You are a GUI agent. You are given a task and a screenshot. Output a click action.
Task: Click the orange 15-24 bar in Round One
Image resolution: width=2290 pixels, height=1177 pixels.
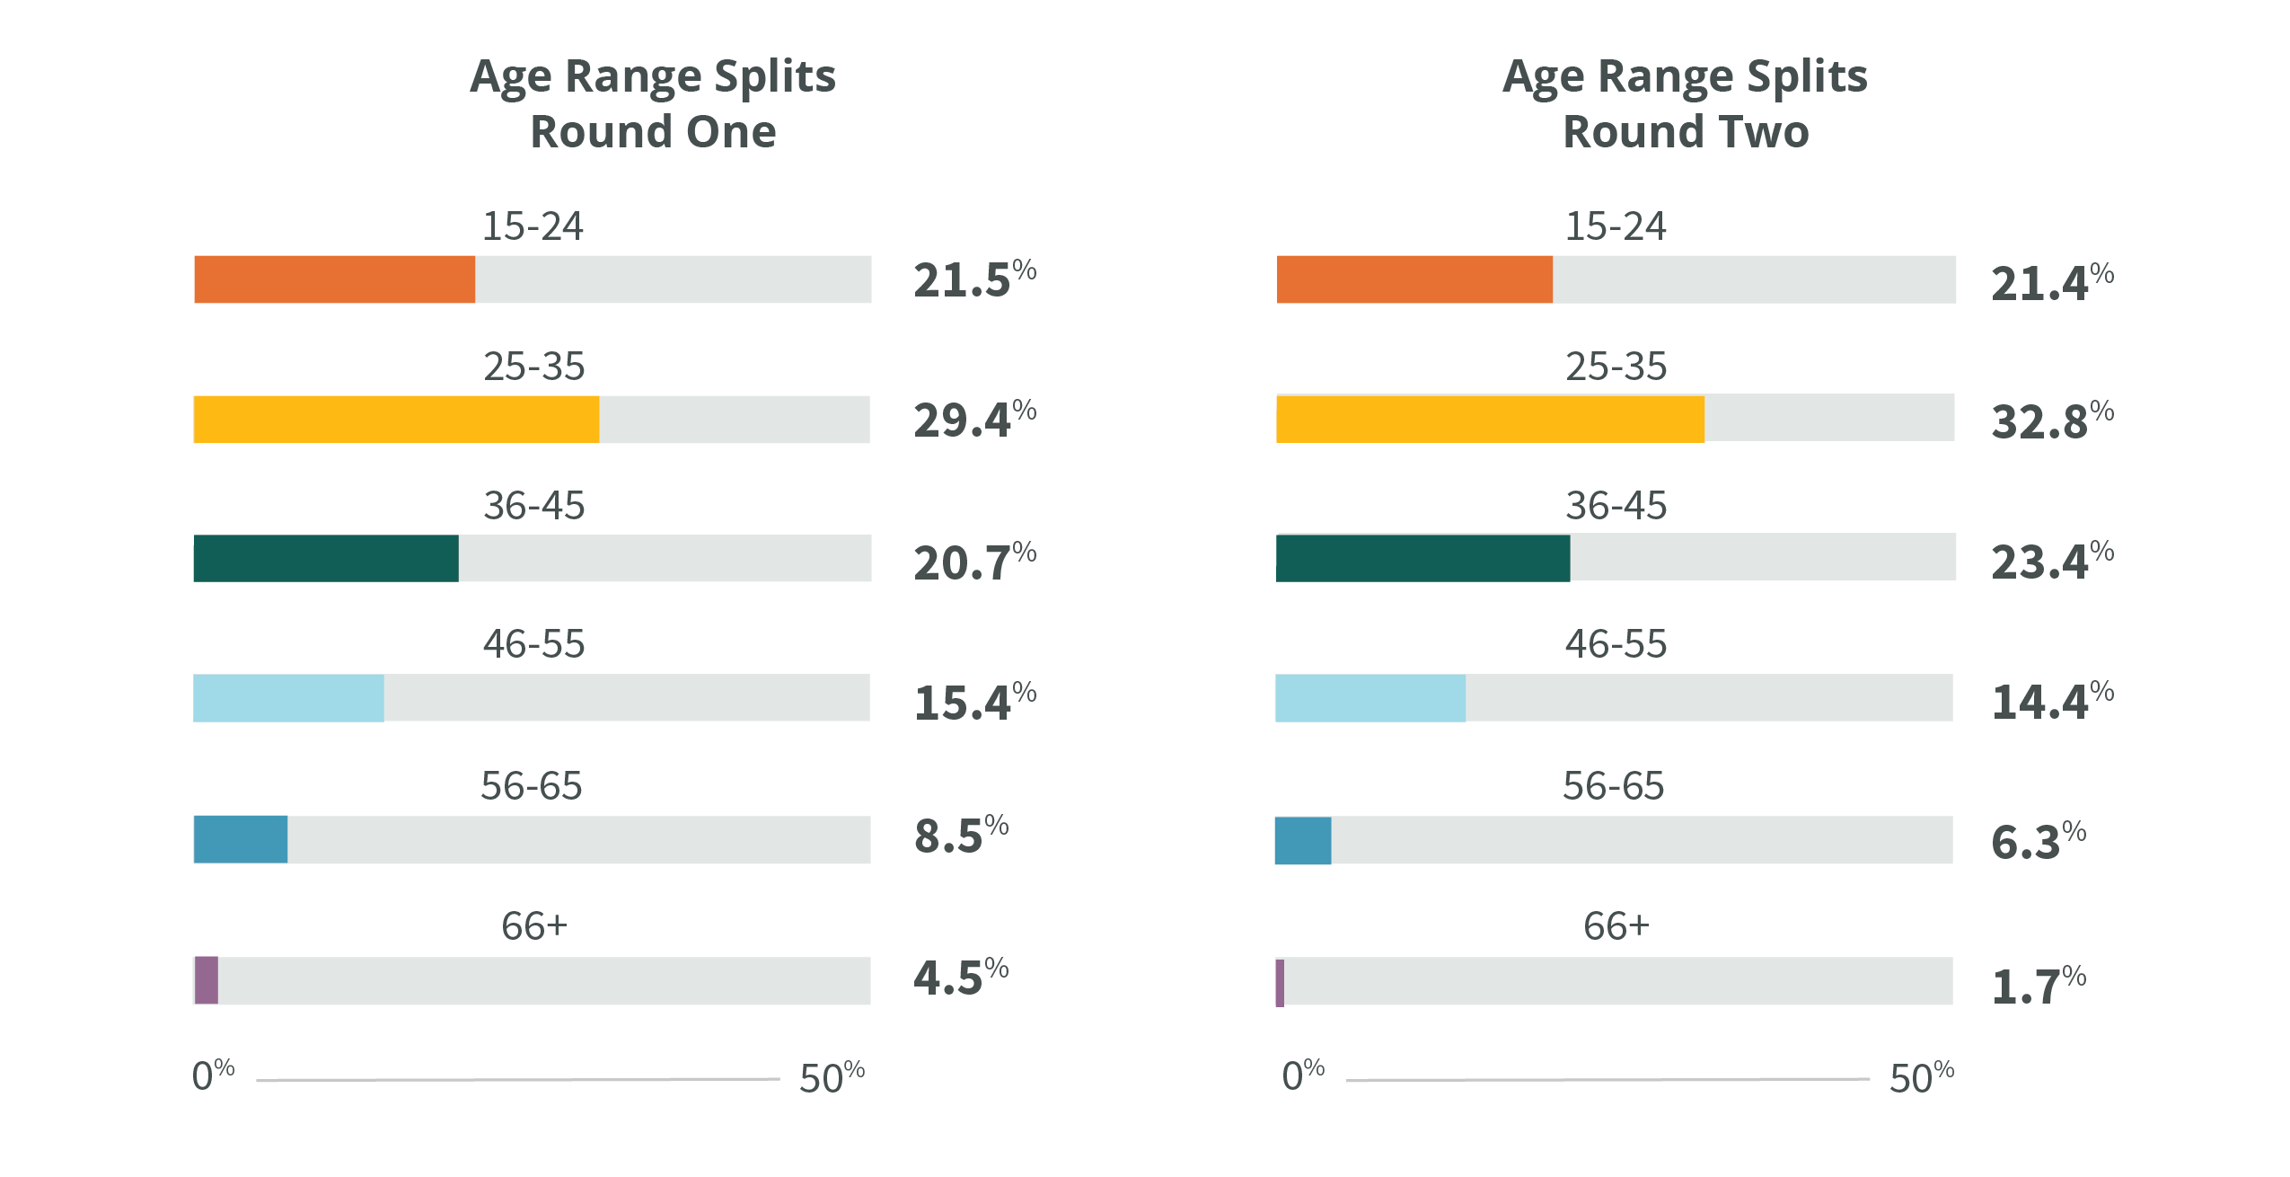click(x=334, y=279)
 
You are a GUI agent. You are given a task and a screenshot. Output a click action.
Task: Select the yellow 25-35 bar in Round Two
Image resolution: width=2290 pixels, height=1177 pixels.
click(x=1490, y=420)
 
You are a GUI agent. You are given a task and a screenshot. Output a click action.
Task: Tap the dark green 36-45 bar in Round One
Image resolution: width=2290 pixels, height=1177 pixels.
click(x=325, y=559)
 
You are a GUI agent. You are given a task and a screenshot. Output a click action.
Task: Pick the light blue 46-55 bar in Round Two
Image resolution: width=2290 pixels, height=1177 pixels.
click(x=1370, y=698)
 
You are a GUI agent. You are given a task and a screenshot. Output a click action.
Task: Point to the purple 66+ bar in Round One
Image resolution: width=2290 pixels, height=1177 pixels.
click(x=207, y=980)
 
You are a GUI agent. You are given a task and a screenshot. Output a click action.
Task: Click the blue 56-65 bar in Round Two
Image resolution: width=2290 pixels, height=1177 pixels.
click(x=1303, y=841)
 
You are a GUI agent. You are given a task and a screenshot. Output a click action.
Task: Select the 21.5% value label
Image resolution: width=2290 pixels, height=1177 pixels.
click(x=973, y=279)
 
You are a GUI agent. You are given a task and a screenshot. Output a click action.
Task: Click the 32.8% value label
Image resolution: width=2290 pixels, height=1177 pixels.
click(x=2051, y=420)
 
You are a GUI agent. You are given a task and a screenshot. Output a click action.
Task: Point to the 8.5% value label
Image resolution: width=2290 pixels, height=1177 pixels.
click(x=960, y=835)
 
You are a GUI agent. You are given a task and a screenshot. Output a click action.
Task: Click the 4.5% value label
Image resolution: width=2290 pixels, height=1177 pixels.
click(x=960, y=977)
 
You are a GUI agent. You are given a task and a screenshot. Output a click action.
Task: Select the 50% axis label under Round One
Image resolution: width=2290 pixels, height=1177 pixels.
click(x=831, y=1076)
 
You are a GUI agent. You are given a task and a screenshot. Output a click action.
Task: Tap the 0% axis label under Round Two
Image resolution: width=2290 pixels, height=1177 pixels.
click(x=1302, y=1075)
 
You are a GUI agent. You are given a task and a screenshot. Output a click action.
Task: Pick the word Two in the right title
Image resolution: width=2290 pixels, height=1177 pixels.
click(x=1763, y=131)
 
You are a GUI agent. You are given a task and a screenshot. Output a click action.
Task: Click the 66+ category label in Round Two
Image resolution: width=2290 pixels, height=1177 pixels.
click(x=1615, y=925)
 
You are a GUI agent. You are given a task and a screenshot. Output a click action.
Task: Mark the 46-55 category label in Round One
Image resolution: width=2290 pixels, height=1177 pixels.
click(x=533, y=644)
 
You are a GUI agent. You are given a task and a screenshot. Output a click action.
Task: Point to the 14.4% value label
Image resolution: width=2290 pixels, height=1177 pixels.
click(x=2051, y=702)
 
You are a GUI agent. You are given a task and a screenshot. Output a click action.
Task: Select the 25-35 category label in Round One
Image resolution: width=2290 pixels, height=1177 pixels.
click(x=533, y=367)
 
